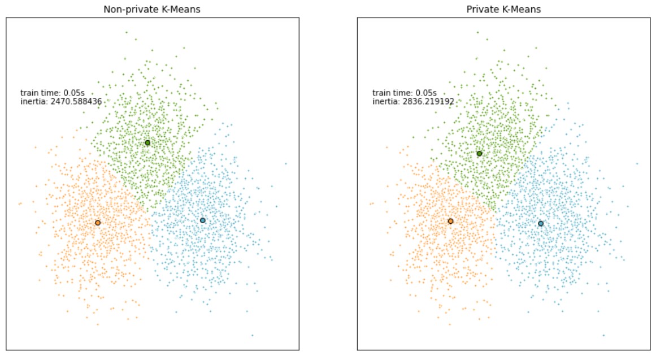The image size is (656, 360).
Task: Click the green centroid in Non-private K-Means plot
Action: click(x=147, y=142)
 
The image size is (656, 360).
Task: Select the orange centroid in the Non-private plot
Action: click(x=98, y=223)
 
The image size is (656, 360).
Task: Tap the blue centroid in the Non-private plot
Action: click(x=203, y=220)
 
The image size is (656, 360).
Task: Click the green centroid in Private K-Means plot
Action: click(x=479, y=154)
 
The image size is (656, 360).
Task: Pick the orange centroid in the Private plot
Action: click(x=450, y=221)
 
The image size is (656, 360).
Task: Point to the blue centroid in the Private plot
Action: click(x=541, y=223)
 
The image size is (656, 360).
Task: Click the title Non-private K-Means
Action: click(x=152, y=10)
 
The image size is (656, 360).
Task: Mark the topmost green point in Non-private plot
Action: click(x=126, y=32)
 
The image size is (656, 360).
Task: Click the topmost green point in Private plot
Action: click(x=477, y=32)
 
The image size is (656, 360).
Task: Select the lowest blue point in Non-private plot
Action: click(x=252, y=335)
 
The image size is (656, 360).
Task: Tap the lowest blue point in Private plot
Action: click(x=603, y=335)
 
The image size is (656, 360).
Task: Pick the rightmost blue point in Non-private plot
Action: click(x=286, y=163)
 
